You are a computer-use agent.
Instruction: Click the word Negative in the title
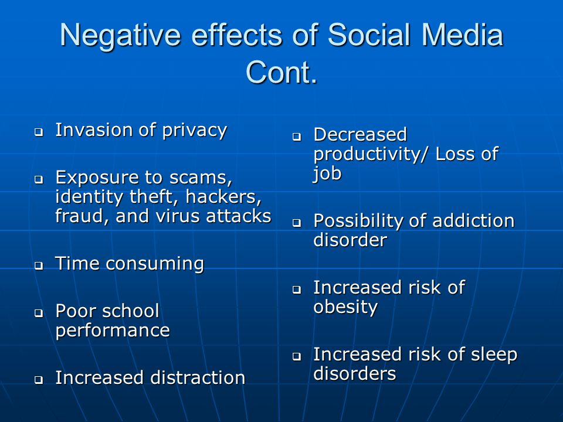pyautogui.click(x=120, y=35)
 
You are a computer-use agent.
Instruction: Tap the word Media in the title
pyautogui.click(x=462, y=35)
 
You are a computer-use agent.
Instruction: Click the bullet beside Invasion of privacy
pyautogui.click(x=39, y=132)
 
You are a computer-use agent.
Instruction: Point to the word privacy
pyautogui.click(x=195, y=131)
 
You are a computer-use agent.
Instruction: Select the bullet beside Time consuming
pyautogui.click(x=39, y=266)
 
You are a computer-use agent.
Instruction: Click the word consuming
pyautogui.click(x=155, y=264)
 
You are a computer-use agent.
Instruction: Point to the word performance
pyautogui.click(x=113, y=331)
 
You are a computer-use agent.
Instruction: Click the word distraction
pyautogui.click(x=198, y=377)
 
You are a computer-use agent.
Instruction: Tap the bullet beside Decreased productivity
pyautogui.click(x=297, y=137)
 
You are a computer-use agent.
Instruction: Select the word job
pyautogui.click(x=327, y=173)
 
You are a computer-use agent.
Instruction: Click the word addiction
pyautogui.click(x=473, y=220)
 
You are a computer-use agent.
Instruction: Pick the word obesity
pyautogui.click(x=345, y=307)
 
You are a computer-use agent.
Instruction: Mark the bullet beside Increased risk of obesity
pyautogui.click(x=297, y=289)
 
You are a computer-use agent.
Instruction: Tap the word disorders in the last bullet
pyautogui.click(x=355, y=373)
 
